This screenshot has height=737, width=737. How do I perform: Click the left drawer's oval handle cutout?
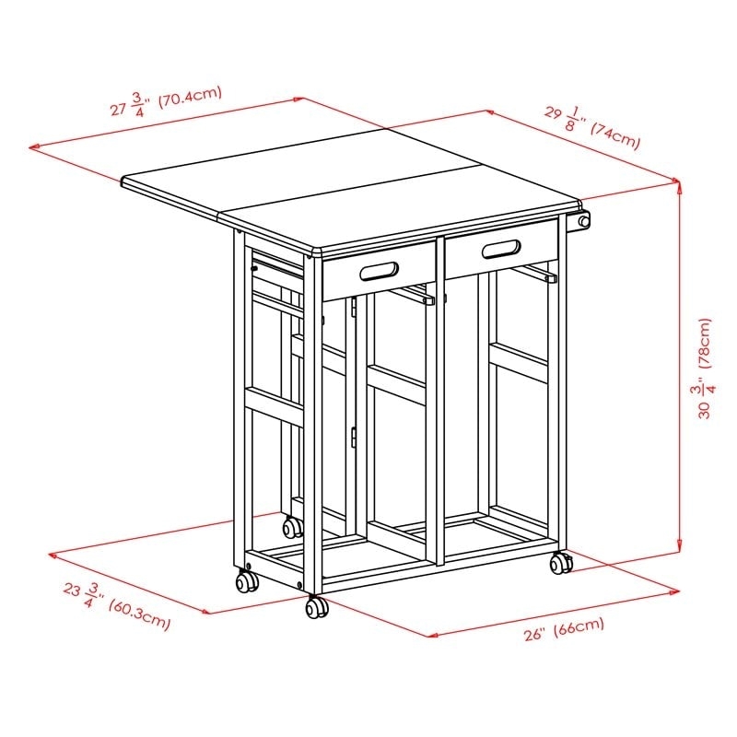tap(380, 271)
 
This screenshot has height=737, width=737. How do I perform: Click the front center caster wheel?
tap(316, 608)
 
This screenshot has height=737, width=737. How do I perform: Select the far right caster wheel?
tap(560, 564)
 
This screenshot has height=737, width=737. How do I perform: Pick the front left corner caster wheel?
tap(246, 581)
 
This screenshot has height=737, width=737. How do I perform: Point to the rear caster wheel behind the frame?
tap(292, 527)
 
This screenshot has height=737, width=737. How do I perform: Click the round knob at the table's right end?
tap(582, 222)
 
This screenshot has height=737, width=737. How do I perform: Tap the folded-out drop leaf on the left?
tap(175, 189)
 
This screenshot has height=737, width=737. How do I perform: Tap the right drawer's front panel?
tap(502, 248)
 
